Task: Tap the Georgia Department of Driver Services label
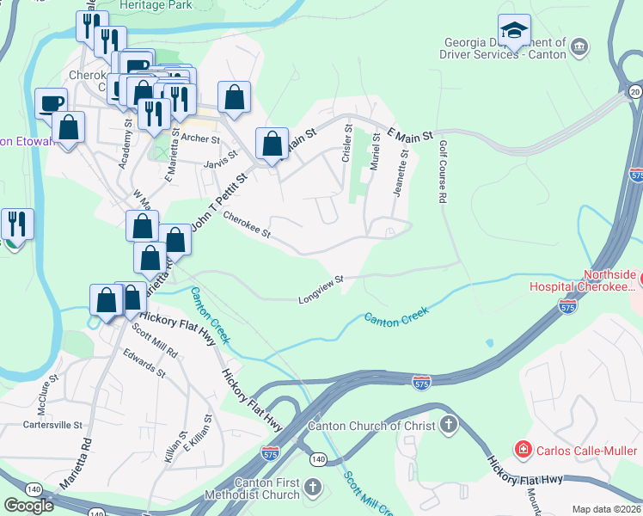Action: coord(505,49)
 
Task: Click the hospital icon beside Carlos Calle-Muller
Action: coord(522,449)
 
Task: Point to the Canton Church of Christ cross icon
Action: coord(448,425)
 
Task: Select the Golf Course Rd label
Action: coord(443,173)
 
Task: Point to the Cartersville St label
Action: coord(52,425)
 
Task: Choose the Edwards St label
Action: coord(144,362)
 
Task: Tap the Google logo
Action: coord(28,506)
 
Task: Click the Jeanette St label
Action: coord(401,173)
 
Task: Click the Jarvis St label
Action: coord(220,163)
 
